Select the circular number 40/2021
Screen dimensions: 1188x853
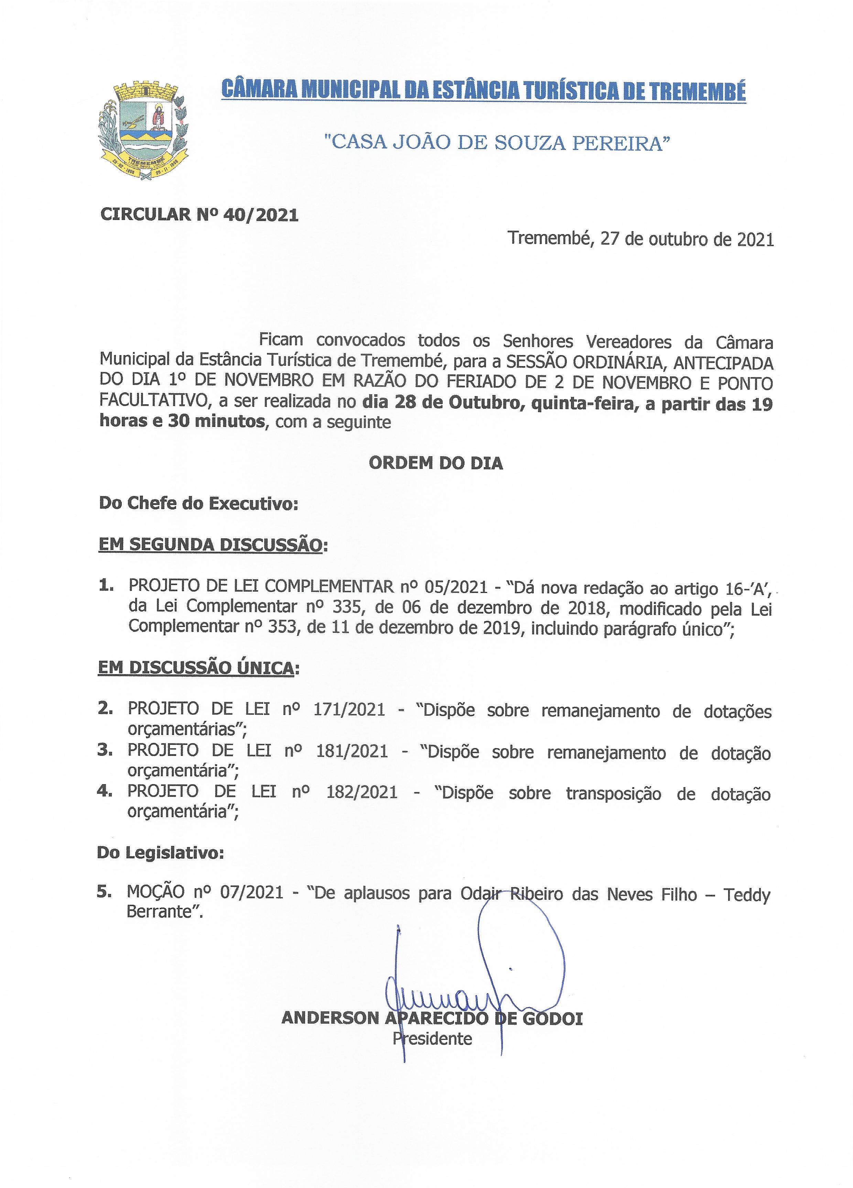point(260,215)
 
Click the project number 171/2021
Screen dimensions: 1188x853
point(349,710)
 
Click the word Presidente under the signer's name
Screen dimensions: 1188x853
point(432,1039)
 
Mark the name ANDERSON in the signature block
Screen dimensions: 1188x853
point(330,1018)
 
